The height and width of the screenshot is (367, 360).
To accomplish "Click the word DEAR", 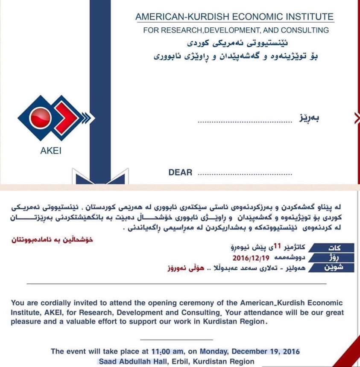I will [181, 172].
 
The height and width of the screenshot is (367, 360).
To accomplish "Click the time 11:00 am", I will [168, 351].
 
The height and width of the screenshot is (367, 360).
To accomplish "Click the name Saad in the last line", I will [108, 361].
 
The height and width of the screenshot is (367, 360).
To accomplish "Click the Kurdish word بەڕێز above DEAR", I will [309, 117].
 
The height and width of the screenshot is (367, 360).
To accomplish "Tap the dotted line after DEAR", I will [246, 174].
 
